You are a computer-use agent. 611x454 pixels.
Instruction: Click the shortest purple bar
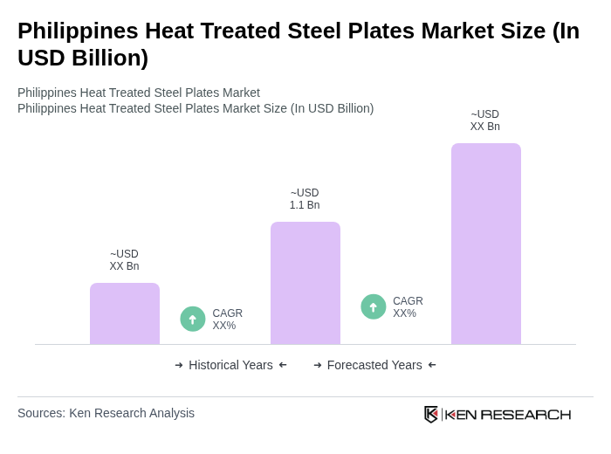pyautogui.click(x=125, y=313)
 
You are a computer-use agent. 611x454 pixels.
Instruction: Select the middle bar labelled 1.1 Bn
pyautogui.click(x=305, y=283)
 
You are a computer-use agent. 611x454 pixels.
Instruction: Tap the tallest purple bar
pyautogui.click(x=486, y=244)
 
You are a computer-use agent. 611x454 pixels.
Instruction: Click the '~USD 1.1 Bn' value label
pyautogui.click(x=305, y=199)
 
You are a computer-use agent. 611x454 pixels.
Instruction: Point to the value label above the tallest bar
pyautogui.click(x=485, y=120)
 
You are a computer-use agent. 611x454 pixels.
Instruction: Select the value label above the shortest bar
pyautogui.click(x=124, y=260)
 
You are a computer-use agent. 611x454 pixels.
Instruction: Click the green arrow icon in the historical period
pyautogui.click(x=193, y=320)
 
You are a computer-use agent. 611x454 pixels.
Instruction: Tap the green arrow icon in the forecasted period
pyautogui.click(x=374, y=307)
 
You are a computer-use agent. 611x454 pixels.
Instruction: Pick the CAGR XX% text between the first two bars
pyautogui.click(x=227, y=320)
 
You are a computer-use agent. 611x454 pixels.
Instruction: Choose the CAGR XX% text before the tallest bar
pyautogui.click(x=408, y=307)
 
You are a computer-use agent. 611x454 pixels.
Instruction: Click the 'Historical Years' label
pyautogui.click(x=230, y=365)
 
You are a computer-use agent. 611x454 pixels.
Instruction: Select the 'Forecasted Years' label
pyautogui.click(x=374, y=365)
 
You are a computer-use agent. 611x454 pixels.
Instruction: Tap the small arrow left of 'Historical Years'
pyautogui.click(x=179, y=365)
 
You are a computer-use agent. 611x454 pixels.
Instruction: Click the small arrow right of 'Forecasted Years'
pyautogui.click(x=432, y=365)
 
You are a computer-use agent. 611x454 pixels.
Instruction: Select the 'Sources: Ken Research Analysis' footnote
pyautogui.click(x=106, y=413)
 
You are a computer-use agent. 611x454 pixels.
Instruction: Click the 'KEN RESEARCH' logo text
pyautogui.click(x=508, y=414)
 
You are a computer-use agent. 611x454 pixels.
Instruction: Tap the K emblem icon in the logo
pyautogui.click(x=431, y=414)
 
